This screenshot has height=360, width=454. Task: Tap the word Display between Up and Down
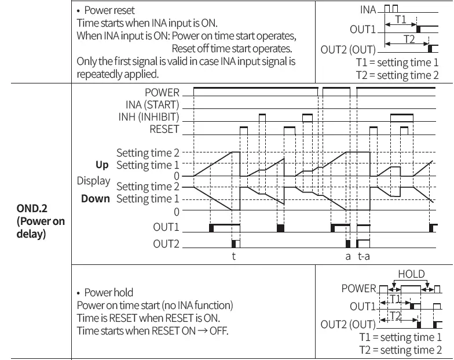(93, 181)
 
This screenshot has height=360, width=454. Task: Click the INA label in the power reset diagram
(368, 10)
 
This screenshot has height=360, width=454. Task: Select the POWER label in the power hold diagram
(358, 288)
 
